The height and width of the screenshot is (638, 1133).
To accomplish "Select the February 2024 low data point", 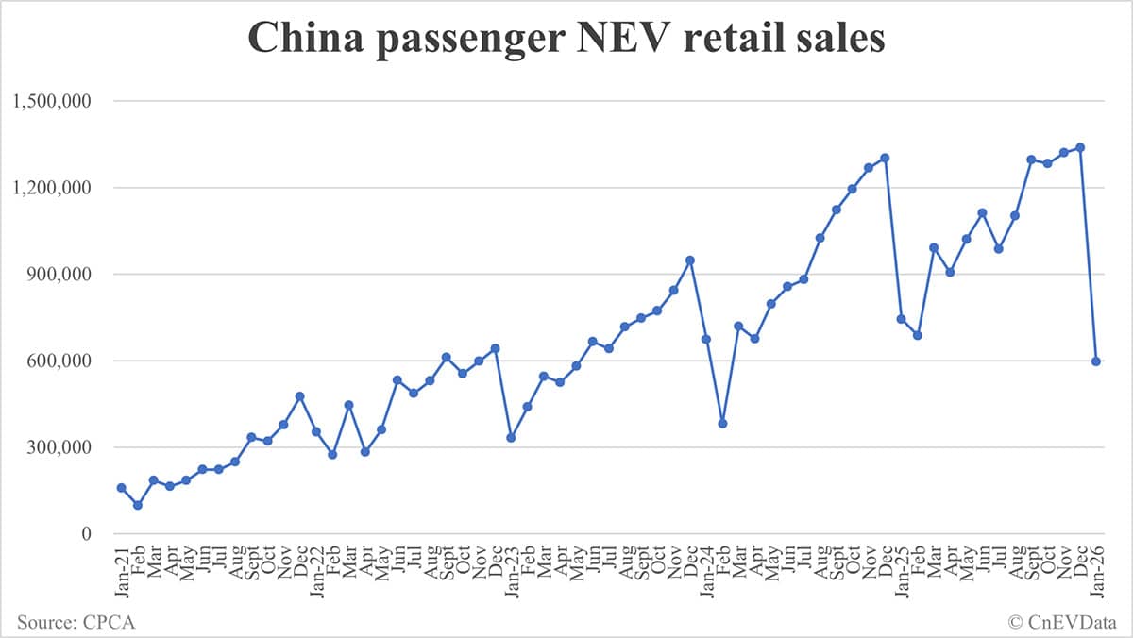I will (722, 424).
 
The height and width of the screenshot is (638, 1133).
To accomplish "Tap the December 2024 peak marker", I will (885, 158).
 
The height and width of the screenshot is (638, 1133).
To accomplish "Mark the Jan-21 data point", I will (121, 488).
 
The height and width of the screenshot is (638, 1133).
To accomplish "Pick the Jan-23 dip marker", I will (511, 438).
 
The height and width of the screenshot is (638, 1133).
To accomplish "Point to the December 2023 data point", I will (690, 260).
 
